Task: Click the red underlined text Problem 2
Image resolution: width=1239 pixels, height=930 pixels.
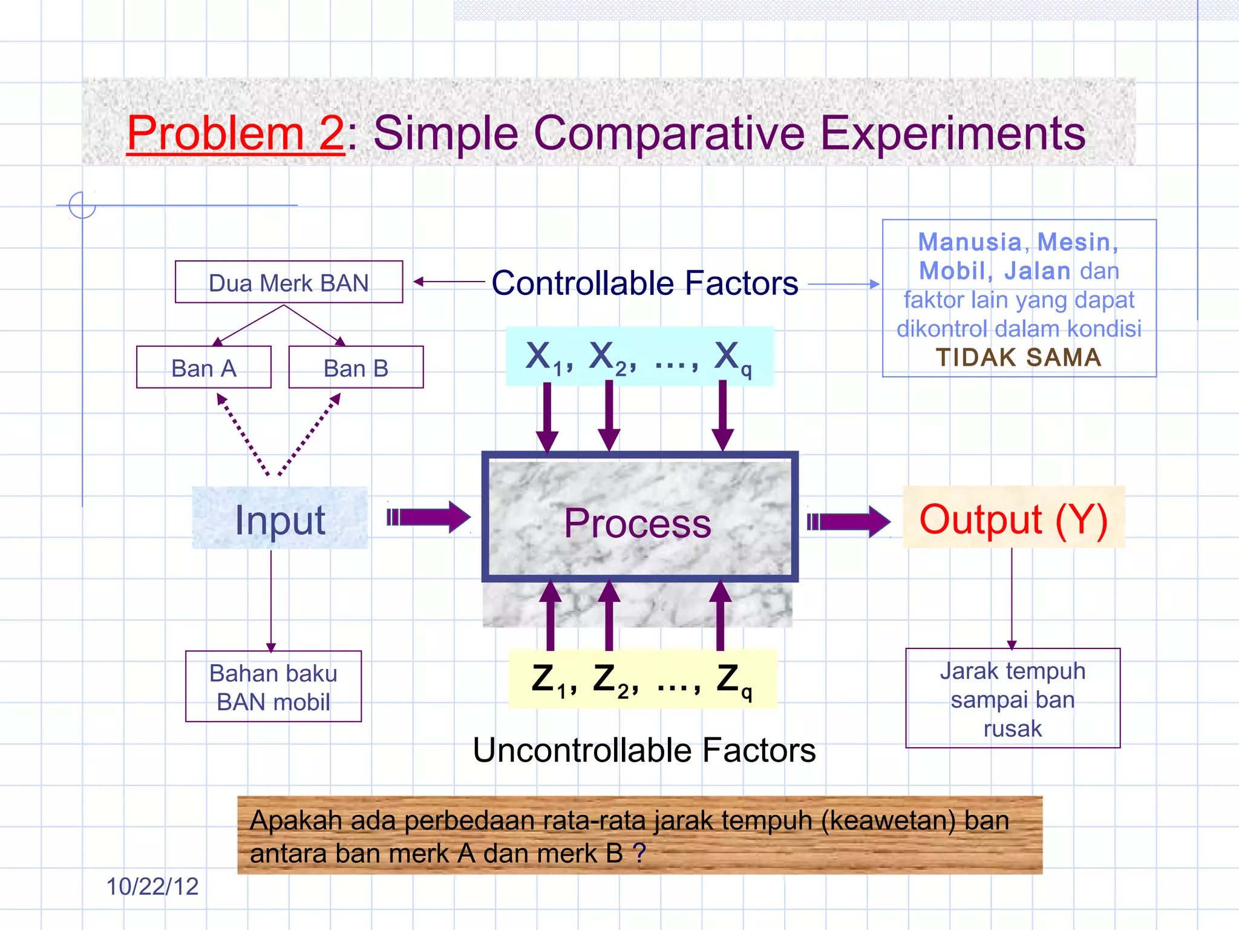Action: pos(235,134)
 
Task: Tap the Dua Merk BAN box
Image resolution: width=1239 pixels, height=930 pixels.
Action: pos(289,282)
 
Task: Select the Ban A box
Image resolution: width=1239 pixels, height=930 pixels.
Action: pos(203,368)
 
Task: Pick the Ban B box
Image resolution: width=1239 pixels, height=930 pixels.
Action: pos(356,368)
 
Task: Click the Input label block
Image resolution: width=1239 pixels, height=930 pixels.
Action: pos(280,519)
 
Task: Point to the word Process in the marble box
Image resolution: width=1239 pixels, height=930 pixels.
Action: pos(638,523)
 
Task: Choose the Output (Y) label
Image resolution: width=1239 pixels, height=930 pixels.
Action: pos(1013,518)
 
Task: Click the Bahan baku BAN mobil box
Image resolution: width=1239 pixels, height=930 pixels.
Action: pos(273,687)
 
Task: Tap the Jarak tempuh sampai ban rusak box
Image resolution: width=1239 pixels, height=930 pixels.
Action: pos(1012,699)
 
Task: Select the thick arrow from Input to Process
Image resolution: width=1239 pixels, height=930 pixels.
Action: pos(428,517)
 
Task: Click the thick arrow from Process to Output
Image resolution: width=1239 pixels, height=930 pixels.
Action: pos(848,521)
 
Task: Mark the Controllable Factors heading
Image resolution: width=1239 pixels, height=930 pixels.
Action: pos(644,283)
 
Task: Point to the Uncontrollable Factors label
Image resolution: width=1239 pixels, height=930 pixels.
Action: pos(644,750)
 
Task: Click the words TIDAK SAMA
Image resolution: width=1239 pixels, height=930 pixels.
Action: pos(1018,357)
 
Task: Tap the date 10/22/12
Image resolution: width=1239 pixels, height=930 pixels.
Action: pos(152,886)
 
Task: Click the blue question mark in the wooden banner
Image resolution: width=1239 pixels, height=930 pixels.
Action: pos(639,853)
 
